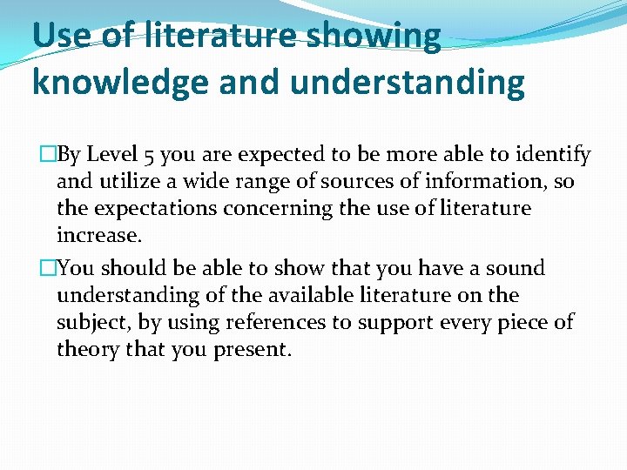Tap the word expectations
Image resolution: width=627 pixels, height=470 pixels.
pos(154,209)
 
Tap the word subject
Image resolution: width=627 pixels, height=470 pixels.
pos(94,322)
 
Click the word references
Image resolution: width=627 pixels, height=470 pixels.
pos(272,322)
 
